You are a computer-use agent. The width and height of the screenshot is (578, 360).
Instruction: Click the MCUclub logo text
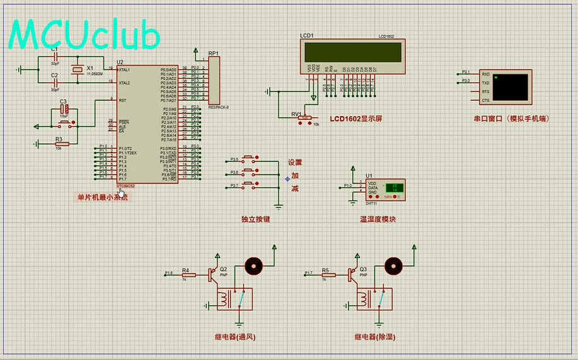tap(85, 35)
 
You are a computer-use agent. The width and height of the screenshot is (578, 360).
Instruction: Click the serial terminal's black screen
tap(511, 88)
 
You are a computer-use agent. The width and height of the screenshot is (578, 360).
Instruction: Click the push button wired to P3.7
tap(249, 184)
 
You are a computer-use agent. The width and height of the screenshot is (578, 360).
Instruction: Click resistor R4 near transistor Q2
tap(186, 275)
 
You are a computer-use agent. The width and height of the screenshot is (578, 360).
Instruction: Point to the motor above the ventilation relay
tap(253, 265)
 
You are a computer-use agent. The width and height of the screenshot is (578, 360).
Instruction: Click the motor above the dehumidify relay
tap(393, 265)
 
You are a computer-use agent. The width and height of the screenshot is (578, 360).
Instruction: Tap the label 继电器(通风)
tap(235, 337)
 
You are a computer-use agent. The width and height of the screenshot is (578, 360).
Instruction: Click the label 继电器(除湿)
tap(375, 337)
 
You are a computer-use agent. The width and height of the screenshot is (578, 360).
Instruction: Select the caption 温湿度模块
tap(378, 219)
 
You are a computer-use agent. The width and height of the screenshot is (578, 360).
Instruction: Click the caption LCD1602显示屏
tap(356, 119)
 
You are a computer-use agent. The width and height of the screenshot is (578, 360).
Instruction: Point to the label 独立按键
tap(255, 219)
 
